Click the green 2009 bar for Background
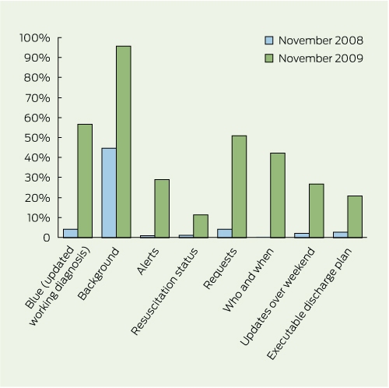pyautogui.click(x=124, y=142)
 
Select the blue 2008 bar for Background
pyautogui.click(x=109, y=192)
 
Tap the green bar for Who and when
pyautogui.click(x=278, y=196)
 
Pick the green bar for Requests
pyautogui.click(x=239, y=186)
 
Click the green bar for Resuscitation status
pyautogui.click(x=201, y=226)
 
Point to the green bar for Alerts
pyautogui.click(x=162, y=209)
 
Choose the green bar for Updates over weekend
pyautogui.click(x=317, y=211)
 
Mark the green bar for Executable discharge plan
pyautogui.click(x=355, y=217)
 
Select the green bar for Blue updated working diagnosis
pyautogui.click(x=85, y=181)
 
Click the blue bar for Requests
pyautogui.click(x=225, y=233)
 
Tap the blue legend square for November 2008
pyautogui.click(x=269, y=41)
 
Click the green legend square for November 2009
pyautogui.click(x=269, y=58)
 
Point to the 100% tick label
pyautogui.click(x=35, y=38)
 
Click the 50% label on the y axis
pyautogui.click(x=37, y=138)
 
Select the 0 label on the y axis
pyautogui.click(x=47, y=238)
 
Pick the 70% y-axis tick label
pyautogui.click(x=37, y=98)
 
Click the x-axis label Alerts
pyautogui.click(x=148, y=261)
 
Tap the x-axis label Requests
pyautogui.click(x=220, y=268)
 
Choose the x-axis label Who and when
pyautogui.click(x=248, y=280)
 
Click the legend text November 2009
pyautogui.click(x=321, y=58)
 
